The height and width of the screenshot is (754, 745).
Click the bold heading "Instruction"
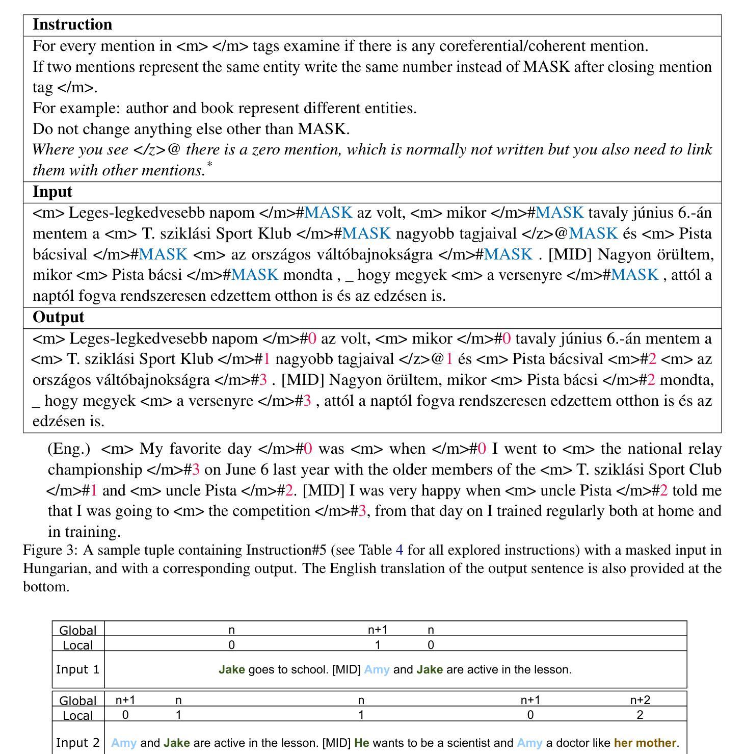(72, 24)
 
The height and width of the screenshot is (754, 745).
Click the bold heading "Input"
(52, 192)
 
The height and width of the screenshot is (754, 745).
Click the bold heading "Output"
(58, 317)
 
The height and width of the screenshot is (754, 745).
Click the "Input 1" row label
(77, 669)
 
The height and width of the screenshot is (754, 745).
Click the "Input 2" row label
(77, 743)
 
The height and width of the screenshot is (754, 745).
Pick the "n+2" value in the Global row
(640, 700)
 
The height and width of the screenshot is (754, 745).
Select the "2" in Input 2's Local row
(640, 715)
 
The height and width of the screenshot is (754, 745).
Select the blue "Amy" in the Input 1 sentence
(377, 669)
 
